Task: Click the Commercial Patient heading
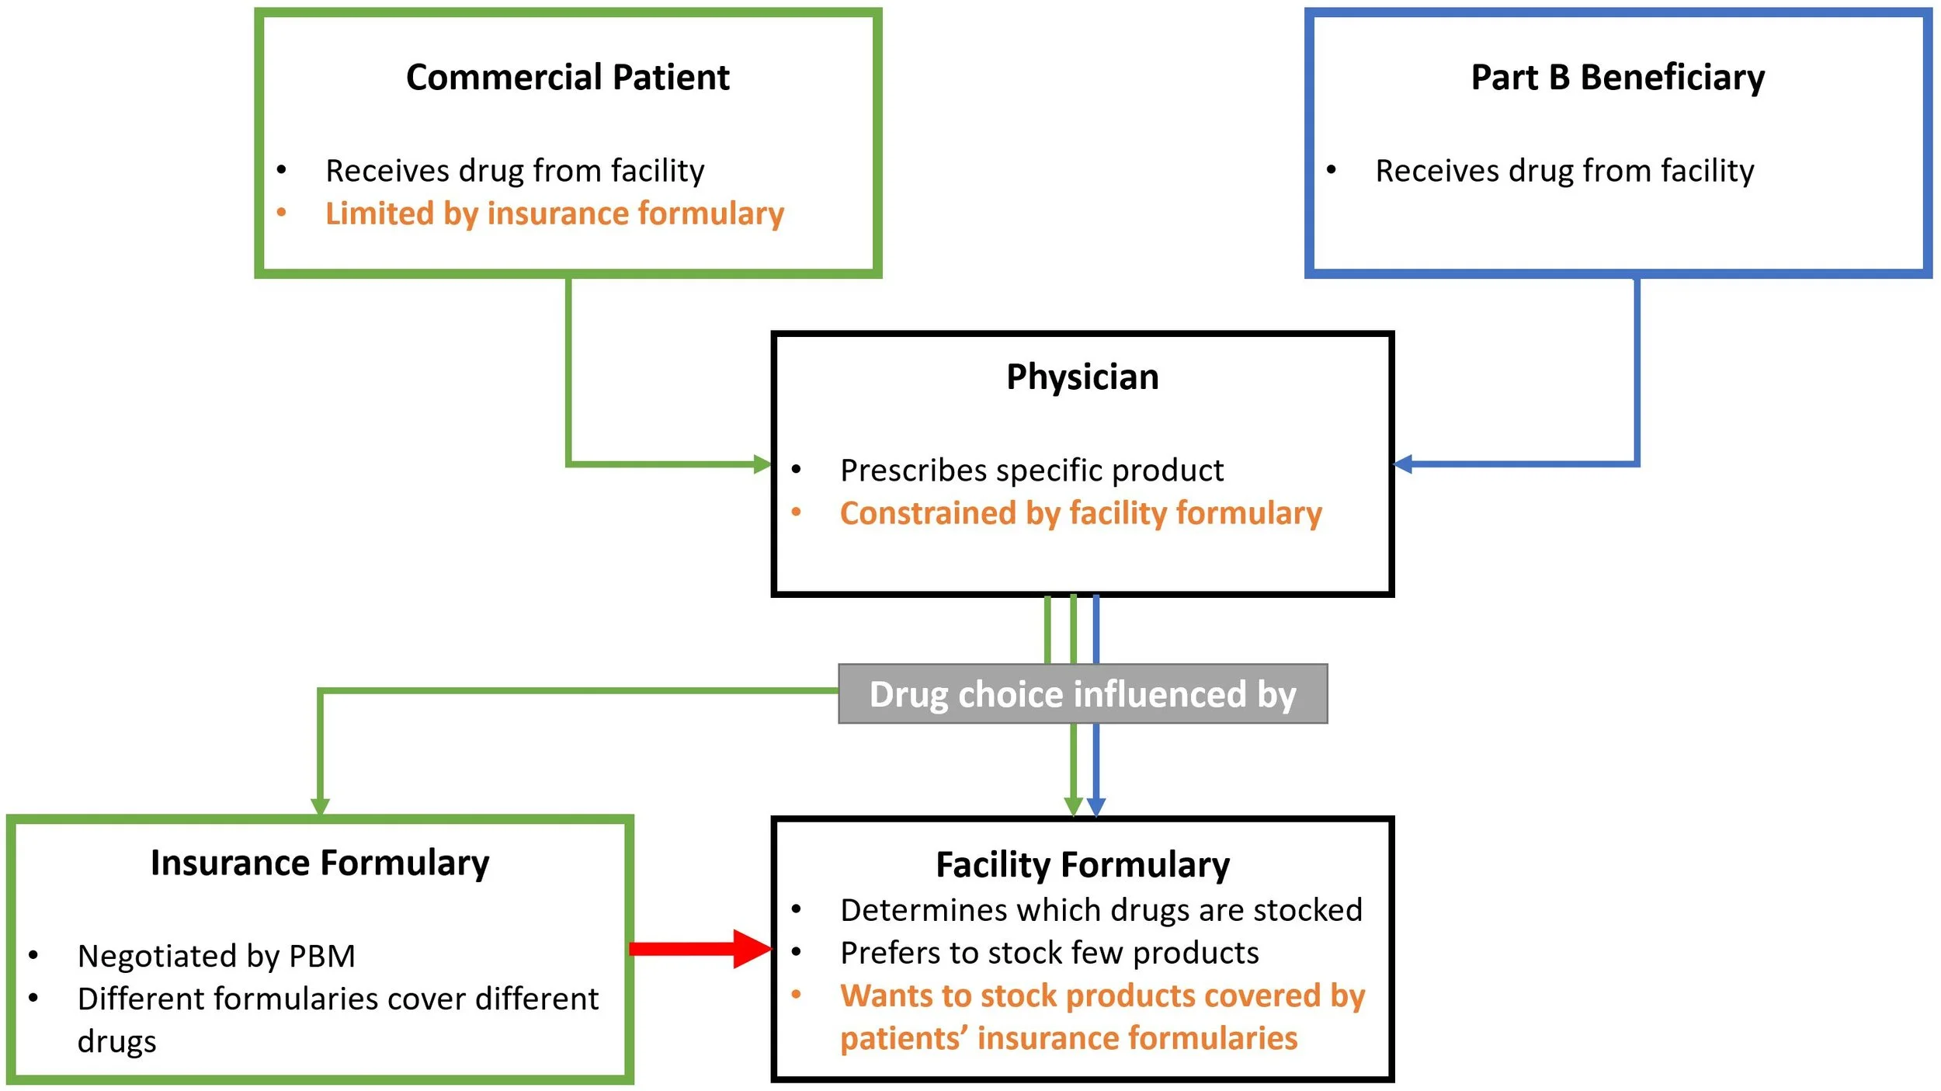(568, 78)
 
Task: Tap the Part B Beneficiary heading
(1617, 78)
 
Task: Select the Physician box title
(1082, 377)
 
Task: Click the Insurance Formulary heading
(320, 863)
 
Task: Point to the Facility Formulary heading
(1082, 865)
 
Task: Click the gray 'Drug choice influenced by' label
(1082, 694)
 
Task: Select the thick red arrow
(699, 949)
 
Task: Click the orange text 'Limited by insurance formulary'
(554, 214)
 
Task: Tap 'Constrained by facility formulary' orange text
(1081, 513)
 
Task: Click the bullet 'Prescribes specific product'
(1031, 471)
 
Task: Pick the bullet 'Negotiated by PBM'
(216, 956)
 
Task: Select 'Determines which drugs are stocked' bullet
(1101, 910)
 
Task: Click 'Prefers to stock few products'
(1050, 953)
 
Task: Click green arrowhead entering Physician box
(762, 464)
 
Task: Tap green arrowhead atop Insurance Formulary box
(320, 806)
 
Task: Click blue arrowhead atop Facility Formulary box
(1096, 808)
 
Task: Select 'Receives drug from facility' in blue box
(1564, 171)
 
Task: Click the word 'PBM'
(322, 956)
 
